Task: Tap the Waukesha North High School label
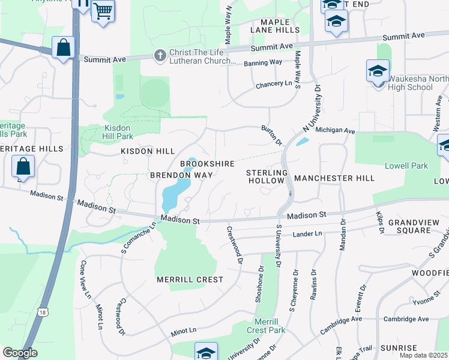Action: click(x=410, y=83)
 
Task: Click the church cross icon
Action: click(x=160, y=56)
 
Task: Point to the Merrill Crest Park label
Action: click(x=266, y=326)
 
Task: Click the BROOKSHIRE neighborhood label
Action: click(x=207, y=164)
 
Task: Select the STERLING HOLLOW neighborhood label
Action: click(x=268, y=178)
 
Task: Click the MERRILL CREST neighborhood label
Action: click(x=190, y=280)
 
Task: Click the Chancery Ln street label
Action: click(x=274, y=84)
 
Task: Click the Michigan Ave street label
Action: click(x=336, y=130)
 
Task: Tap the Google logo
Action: click(x=20, y=353)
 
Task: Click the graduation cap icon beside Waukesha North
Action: click(x=378, y=71)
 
